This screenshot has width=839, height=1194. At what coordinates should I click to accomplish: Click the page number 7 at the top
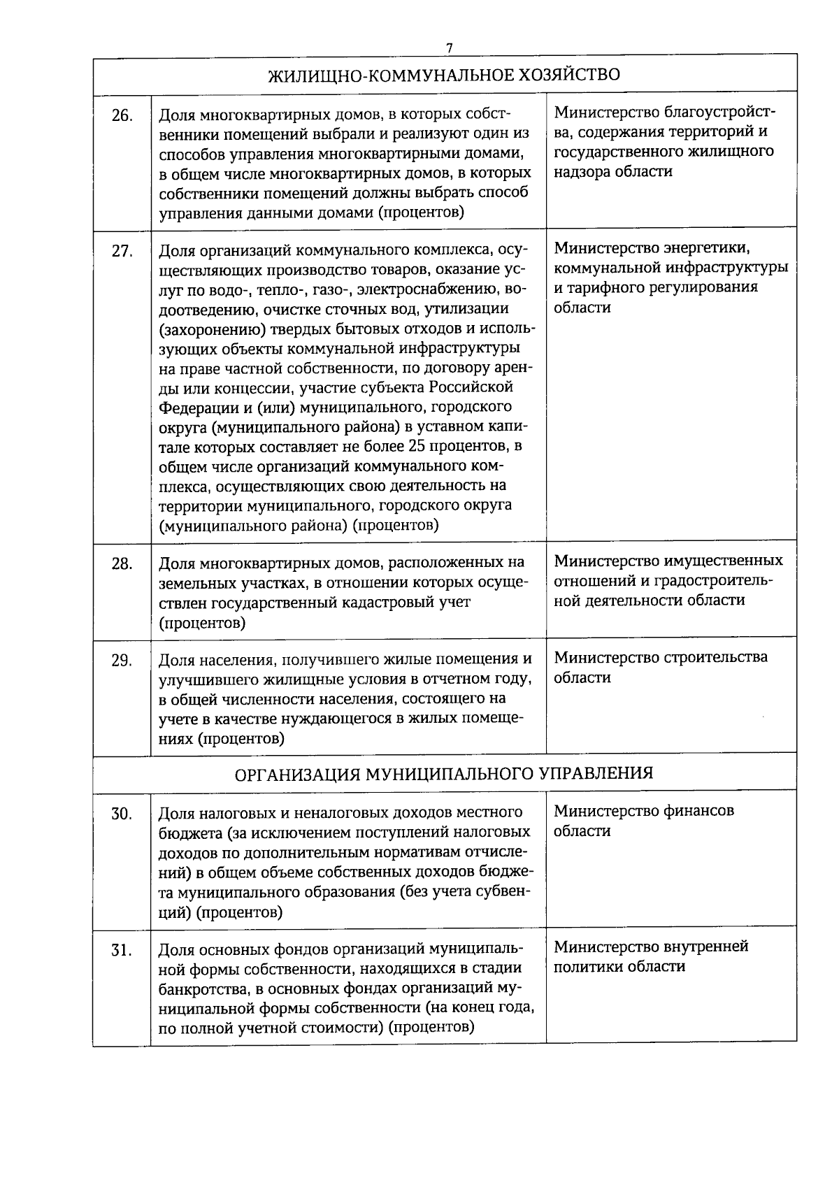pos(450,48)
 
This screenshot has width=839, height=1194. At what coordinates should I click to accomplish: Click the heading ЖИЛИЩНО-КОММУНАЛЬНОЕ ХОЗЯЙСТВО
pos(445,75)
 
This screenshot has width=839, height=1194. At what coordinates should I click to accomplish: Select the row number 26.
pos(122,116)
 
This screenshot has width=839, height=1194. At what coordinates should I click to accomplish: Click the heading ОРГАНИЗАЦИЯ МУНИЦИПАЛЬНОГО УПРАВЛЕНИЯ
pos(445,774)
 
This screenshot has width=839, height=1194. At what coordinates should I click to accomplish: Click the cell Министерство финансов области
pos(643,821)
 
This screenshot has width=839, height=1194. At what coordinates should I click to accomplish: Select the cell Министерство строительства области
pos(660,668)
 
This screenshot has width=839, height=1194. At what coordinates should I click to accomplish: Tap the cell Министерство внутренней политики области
pos(650,956)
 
